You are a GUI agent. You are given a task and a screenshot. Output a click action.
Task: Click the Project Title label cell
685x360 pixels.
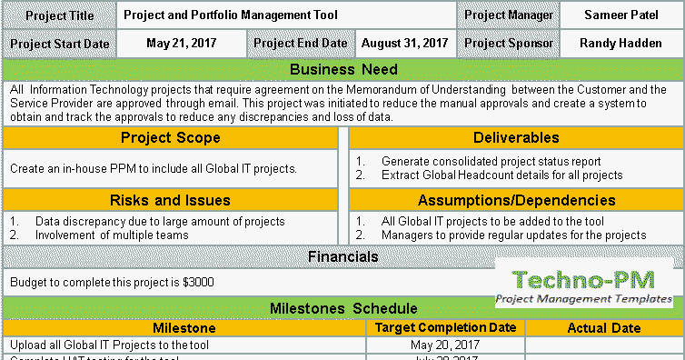60,15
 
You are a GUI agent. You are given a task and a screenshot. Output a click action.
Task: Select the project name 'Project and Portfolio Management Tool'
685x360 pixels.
231,15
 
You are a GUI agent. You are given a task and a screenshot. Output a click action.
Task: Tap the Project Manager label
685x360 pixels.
508,15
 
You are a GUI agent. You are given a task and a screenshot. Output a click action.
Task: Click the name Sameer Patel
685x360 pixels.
621,15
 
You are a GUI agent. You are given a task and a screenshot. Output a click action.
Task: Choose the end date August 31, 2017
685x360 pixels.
404,43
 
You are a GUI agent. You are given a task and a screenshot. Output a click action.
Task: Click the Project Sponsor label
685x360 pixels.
508,43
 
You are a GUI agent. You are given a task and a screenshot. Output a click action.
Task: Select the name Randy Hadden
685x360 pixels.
621,43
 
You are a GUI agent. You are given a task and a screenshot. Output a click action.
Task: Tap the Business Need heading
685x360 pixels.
342,70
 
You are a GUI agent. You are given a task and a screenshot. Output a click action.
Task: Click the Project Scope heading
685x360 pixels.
171,138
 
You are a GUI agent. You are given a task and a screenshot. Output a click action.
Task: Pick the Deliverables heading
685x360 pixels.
516,138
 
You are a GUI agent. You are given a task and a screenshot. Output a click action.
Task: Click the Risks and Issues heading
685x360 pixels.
171,200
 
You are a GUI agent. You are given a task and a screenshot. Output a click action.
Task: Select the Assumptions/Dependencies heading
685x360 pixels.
516,200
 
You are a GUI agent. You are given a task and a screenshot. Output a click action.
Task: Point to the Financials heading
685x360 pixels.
342,257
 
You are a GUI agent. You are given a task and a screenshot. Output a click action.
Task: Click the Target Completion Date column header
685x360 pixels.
446,327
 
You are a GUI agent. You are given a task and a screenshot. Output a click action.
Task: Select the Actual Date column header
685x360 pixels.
603,327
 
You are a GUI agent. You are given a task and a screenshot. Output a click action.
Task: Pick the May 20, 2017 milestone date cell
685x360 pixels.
446,345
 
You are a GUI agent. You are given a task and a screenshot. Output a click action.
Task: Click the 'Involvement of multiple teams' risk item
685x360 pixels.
112,235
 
